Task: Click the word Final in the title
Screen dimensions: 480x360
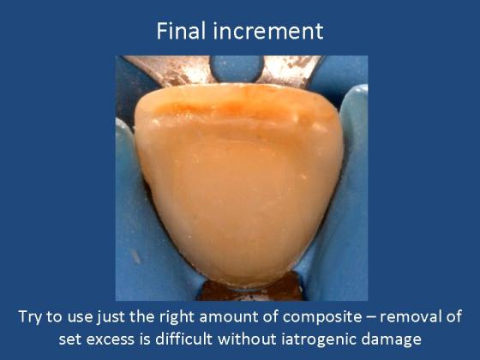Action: [x=181, y=31]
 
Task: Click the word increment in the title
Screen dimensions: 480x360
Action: [x=268, y=31]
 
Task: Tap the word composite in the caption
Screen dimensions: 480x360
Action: [x=322, y=317]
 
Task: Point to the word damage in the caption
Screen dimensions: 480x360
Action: [x=391, y=339]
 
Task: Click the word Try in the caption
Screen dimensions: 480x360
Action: [x=30, y=317]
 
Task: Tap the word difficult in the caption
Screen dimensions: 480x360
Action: [x=184, y=339]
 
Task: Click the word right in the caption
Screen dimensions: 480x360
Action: [x=177, y=317]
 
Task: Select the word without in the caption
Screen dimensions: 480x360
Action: [x=247, y=339]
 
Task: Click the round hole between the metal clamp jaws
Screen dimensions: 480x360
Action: [x=237, y=68]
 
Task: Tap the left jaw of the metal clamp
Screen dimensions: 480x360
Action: [x=172, y=69]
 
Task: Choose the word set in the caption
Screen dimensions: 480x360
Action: [x=69, y=339]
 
